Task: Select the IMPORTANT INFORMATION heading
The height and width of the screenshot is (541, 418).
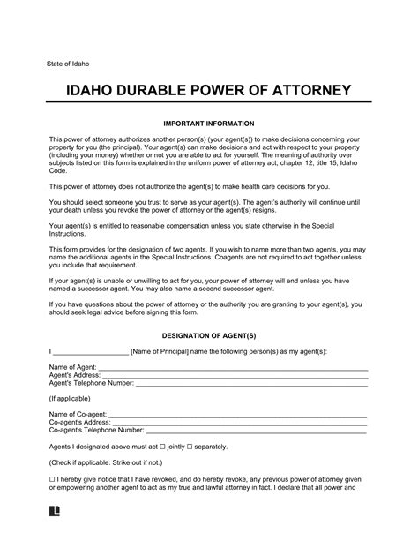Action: pyautogui.click(x=209, y=123)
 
